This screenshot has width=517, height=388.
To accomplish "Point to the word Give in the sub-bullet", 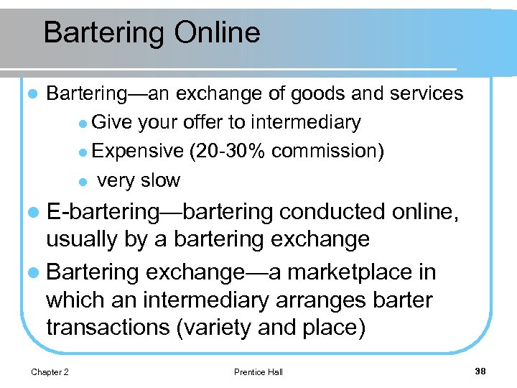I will pos(111,123).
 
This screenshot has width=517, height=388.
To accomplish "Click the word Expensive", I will pos(138,151).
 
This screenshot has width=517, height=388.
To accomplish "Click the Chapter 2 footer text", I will pos(50,371).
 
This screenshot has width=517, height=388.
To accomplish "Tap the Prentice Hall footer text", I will pos(258,371).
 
